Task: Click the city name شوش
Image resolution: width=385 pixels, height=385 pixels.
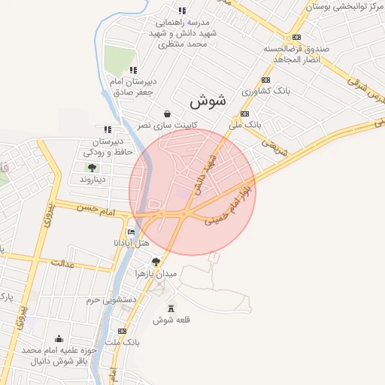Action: point(208,101)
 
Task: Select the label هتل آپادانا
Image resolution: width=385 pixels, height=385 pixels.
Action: point(132,244)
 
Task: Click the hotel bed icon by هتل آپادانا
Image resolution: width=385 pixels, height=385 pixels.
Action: point(132,232)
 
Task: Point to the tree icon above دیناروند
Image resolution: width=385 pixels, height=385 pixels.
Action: point(92,168)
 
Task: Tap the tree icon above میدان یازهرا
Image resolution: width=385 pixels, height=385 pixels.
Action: point(156,262)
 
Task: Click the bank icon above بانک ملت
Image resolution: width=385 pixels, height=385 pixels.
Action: point(123,331)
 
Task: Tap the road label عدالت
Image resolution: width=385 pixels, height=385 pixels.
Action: point(63,263)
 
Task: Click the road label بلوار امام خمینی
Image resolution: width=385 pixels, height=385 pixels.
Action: point(229,202)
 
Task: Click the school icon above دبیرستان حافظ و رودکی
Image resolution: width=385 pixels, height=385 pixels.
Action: point(108,129)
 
